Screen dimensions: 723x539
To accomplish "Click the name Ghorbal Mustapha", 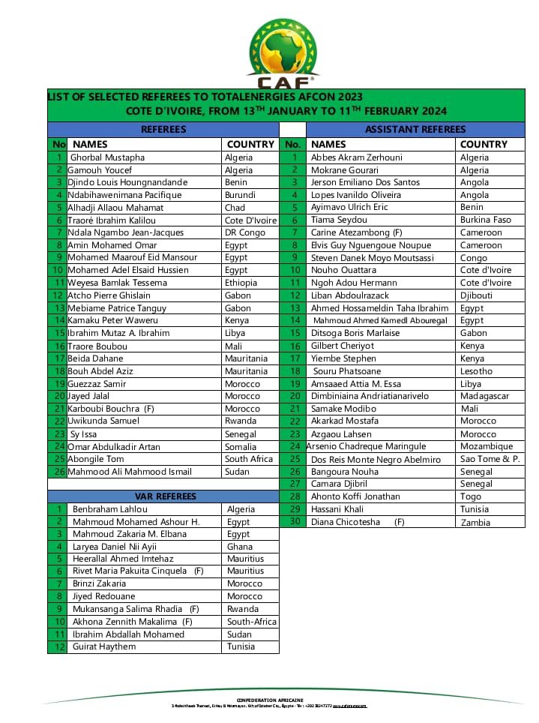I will pyautogui.click(x=107, y=157).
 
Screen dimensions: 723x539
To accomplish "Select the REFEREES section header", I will pyautogui.click(x=163, y=130).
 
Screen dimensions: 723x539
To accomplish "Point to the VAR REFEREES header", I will pyautogui.click(x=166, y=496).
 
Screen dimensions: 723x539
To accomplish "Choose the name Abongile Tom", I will pyautogui.click(x=96, y=459).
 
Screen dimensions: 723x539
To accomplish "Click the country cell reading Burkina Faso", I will pyautogui.click(x=486, y=220).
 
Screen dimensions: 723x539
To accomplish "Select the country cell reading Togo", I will pyautogui.click(x=471, y=496).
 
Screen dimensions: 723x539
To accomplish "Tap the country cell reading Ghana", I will pyautogui.click(x=240, y=547).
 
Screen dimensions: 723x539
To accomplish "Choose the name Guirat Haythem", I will pyautogui.click(x=104, y=646).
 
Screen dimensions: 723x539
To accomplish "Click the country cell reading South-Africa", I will pyautogui.click(x=252, y=622).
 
